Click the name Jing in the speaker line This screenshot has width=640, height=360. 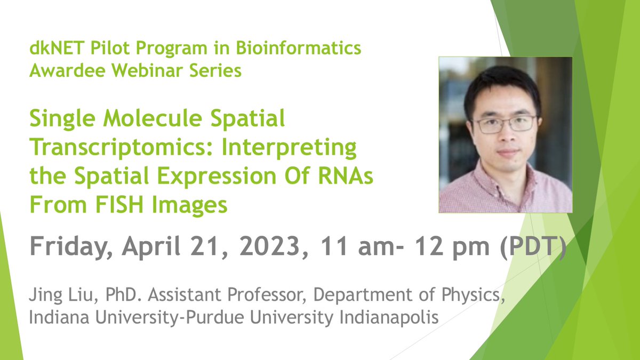(43, 295)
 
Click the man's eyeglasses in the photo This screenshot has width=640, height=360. (504, 124)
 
